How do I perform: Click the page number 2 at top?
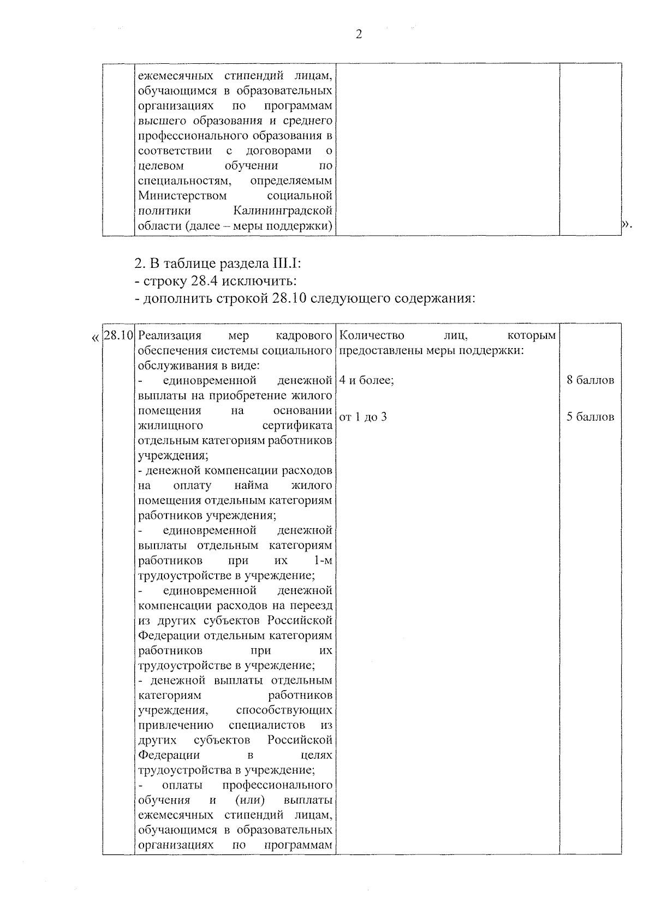[x=359, y=35]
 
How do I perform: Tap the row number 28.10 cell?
[x=118, y=335]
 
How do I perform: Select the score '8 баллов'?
[x=590, y=380]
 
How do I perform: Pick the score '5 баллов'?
[x=590, y=417]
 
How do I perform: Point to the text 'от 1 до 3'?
[x=363, y=417]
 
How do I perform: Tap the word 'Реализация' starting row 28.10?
[x=170, y=335]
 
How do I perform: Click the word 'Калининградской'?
[x=283, y=211]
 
